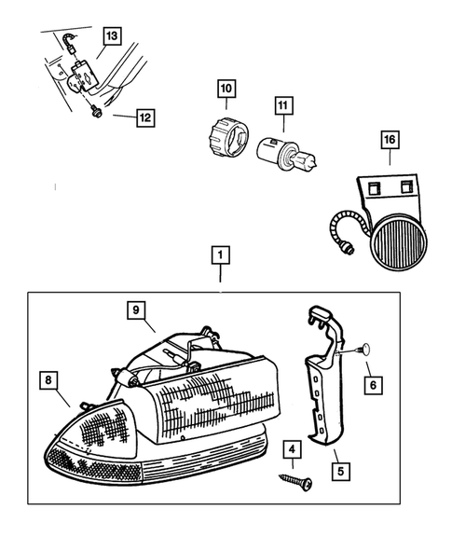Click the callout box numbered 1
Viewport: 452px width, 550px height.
point(221,254)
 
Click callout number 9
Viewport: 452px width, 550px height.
point(135,310)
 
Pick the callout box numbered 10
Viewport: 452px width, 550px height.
point(226,90)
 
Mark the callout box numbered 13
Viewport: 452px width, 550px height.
point(112,36)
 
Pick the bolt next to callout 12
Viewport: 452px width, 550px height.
point(96,111)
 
